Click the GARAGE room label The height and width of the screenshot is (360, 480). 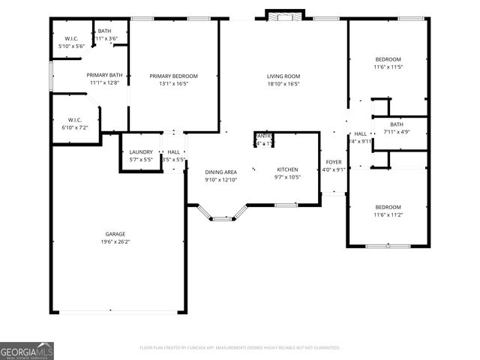pyautogui.click(x=115, y=234)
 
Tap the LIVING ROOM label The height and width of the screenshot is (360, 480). pyautogui.click(x=283, y=76)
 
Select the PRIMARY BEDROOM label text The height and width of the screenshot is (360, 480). pyautogui.click(x=173, y=76)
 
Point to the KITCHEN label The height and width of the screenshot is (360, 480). pyautogui.click(x=288, y=169)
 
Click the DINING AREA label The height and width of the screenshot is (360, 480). pyautogui.click(x=220, y=172)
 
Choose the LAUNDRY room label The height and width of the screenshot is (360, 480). pyautogui.click(x=141, y=151)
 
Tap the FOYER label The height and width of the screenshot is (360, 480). pyautogui.click(x=333, y=161)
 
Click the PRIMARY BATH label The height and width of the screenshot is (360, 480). pyautogui.click(x=104, y=75)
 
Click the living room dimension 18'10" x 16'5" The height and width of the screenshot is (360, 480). pyautogui.click(x=283, y=84)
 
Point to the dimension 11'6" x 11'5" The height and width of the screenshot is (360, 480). pyautogui.click(x=388, y=67)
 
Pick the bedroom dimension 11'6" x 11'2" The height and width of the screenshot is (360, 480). pyautogui.click(x=388, y=215)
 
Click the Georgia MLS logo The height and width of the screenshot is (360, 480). pyautogui.click(x=27, y=350)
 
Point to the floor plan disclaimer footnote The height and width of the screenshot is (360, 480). pyautogui.click(x=240, y=347)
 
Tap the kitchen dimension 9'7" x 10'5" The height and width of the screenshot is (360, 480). pyautogui.click(x=288, y=177)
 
